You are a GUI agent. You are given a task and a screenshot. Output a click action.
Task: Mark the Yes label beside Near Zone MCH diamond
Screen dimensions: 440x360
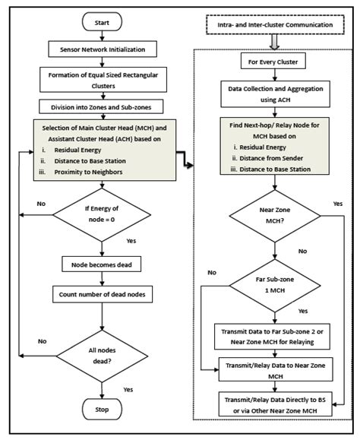click(338, 204)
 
